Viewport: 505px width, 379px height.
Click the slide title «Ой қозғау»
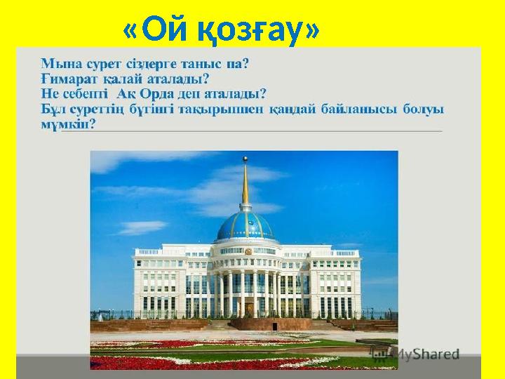point(221,31)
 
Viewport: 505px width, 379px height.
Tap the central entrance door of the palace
point(248,310)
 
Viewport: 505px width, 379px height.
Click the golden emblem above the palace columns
point(247,251)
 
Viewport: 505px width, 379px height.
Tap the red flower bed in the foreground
point(182,362)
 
